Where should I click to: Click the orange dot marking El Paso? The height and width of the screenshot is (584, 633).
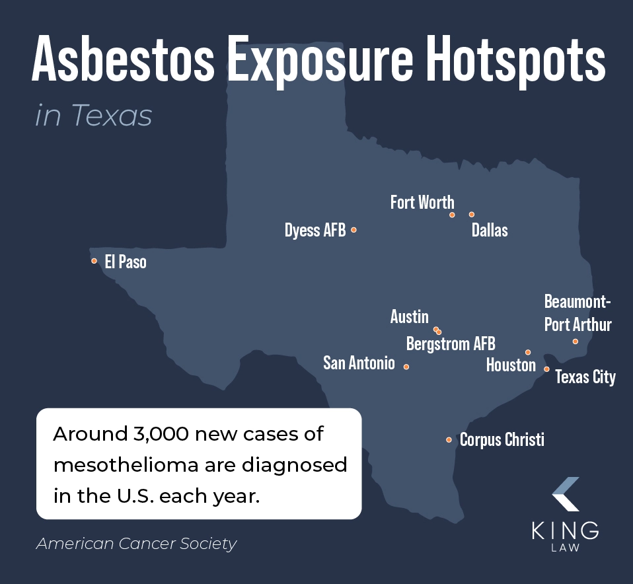[94, 261]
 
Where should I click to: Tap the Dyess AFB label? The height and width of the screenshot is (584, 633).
[315, 231]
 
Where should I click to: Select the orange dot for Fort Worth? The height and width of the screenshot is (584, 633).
[452, 215]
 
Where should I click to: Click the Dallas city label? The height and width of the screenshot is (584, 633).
[490, 230]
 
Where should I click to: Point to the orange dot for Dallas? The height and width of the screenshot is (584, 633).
[472, 214]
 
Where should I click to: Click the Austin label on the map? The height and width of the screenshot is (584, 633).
[409, 317]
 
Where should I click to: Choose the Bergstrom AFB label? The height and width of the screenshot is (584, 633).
[451, 344]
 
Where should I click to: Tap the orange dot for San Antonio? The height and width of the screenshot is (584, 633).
[406, 367]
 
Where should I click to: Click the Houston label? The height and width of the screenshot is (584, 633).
[511, 365]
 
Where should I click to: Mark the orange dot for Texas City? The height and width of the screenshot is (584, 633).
[546, 369]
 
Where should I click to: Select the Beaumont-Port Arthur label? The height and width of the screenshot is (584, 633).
[577, 314]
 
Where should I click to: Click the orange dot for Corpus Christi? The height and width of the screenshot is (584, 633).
[449, 440]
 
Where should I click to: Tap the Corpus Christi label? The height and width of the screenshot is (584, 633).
[502, 439]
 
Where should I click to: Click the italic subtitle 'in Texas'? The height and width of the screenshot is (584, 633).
[93, 116]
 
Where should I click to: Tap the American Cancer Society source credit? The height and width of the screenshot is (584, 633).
[136, 544]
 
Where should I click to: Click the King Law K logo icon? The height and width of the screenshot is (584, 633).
[565, 493]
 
